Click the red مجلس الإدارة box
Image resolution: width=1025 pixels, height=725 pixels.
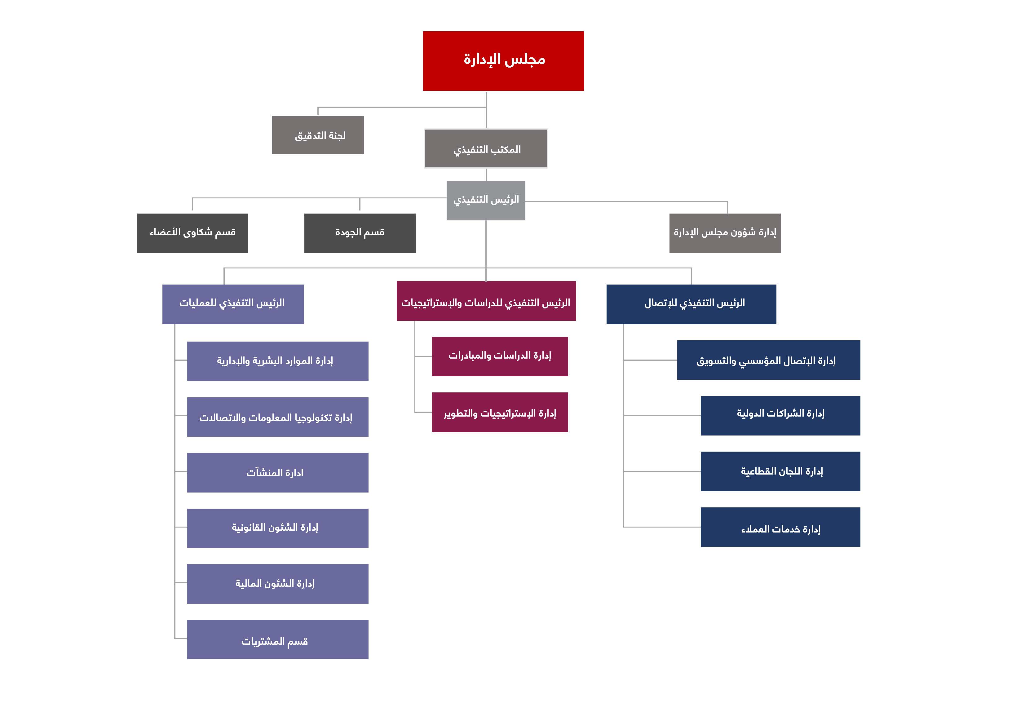503,61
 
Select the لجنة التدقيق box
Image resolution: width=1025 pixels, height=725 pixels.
318,135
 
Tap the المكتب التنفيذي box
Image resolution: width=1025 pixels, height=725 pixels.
486,149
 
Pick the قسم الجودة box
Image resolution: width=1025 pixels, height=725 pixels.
360,233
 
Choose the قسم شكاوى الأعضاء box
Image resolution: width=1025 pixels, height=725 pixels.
192,233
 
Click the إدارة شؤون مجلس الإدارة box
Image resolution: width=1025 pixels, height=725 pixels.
725,233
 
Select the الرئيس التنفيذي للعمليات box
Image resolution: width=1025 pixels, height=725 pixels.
233,304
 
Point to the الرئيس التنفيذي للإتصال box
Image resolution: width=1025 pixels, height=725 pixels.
691,304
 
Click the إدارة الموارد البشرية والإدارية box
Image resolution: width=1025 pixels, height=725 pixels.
278,361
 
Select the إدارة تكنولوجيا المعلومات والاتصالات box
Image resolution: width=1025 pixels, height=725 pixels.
278,417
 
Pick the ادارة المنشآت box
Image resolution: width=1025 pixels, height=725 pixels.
278,473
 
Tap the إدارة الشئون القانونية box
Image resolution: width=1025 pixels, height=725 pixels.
278,528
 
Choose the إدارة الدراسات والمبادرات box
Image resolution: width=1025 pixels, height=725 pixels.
500,357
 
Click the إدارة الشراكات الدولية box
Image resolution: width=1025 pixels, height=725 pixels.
780,416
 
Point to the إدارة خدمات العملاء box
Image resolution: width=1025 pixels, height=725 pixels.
780,527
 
